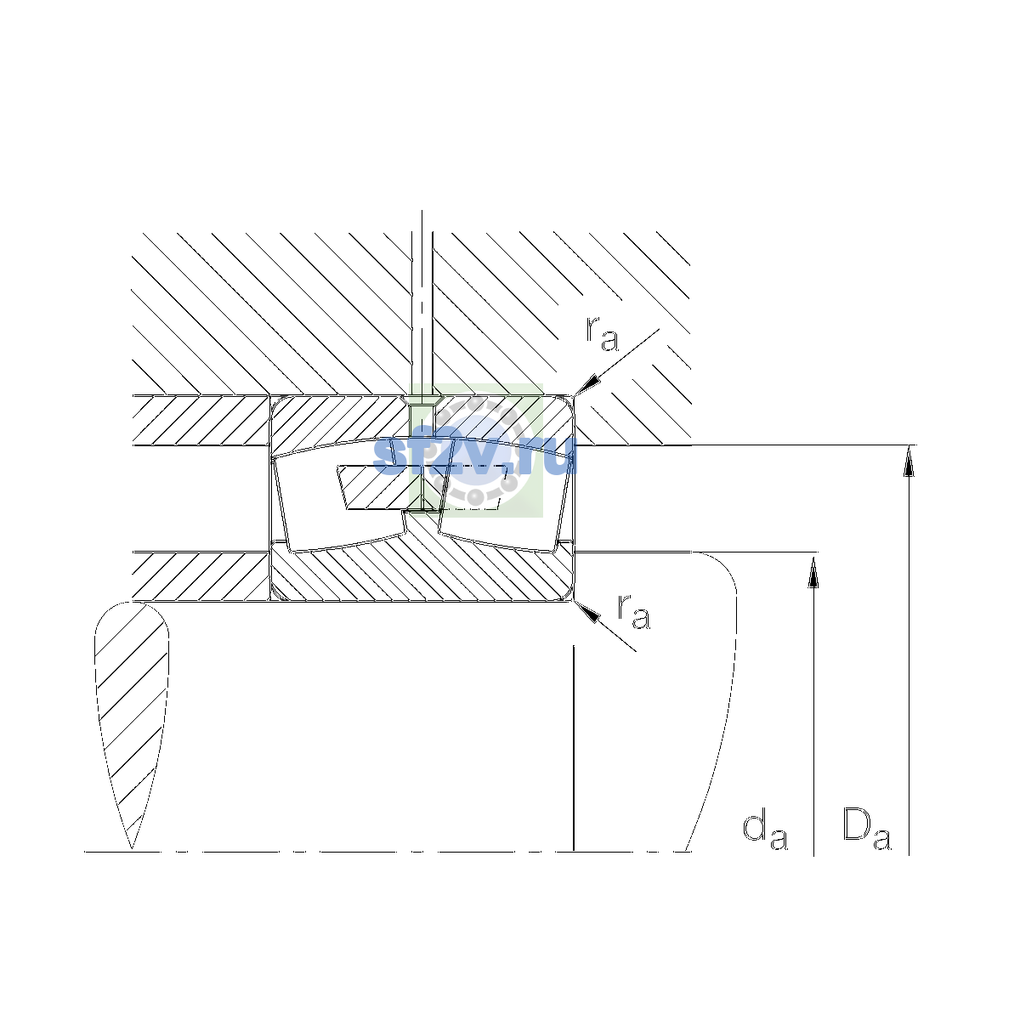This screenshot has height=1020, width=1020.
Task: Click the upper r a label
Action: [x=602, y=335]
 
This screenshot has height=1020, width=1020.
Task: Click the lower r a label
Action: [x=633, y=612]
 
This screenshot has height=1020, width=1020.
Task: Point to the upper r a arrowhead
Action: [x=587, y=384]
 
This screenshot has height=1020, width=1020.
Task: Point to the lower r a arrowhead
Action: [x=586, y=611]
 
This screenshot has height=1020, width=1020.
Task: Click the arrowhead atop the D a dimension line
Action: [x=909, y=461]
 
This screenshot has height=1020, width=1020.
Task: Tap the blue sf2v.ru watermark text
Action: [x=475, y=456]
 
